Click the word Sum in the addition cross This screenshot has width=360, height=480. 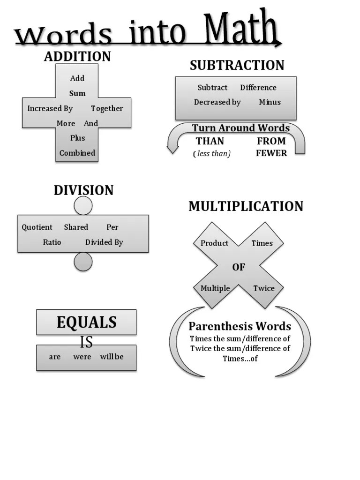[77, 93]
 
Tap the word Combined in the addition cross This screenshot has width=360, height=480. [77, 153]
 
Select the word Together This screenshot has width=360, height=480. [107, 108]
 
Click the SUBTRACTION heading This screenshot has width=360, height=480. [237, 65]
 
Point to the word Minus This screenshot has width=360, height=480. [270, 102]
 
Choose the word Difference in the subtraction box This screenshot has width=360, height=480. [258, 88]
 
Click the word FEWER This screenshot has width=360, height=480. [271, 153]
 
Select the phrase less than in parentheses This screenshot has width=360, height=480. [212, 154]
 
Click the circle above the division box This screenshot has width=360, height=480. [83, 205]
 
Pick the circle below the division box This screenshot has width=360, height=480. [83, 262]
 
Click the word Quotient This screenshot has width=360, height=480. [37, 227]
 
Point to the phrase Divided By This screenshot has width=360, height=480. [104, 242]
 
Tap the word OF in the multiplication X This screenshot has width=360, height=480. [239, 267]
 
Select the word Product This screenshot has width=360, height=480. [214, 243]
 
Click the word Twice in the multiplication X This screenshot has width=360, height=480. [264, 288]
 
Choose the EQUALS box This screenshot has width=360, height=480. [86, 322]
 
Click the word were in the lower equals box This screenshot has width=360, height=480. [82, 357]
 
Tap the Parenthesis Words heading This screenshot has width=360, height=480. [240, 326]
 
